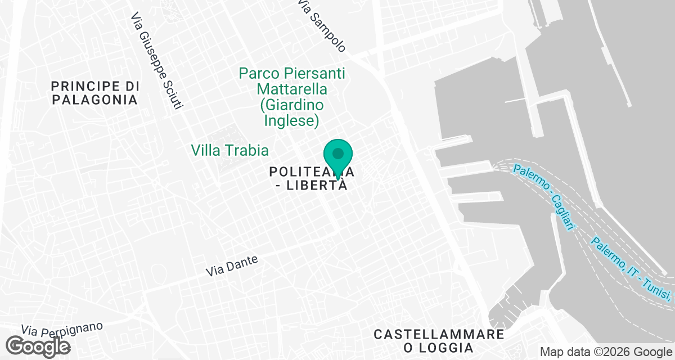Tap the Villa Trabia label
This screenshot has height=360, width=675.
pyautogui.click(x=229, y=150)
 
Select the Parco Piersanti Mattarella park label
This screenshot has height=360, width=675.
pyautogui.click(x=291, y=97)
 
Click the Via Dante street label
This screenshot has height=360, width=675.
pyautogui.click(x=232, y=266)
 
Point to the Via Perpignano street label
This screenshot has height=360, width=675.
pyautogui.click(x=62, y=328)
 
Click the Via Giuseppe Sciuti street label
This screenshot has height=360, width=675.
pyautogui.click(x=157, y=62)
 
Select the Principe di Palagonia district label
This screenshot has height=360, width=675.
pyautogui.click(x=94, y=93)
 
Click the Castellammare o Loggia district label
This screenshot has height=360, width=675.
pyautogui.click(x=439, y=341)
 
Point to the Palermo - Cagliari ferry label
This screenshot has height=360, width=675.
pyautogui.click(x=545, y=196)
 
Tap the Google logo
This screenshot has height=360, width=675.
pyautogui.click(x=38, y=346)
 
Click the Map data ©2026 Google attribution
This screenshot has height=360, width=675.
pyautogui.click(x=606, y=352)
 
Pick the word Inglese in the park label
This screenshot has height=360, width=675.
pyautogui.click(x=291, y=120)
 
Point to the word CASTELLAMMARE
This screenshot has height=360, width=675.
pyautogui.click(x=439, y=335)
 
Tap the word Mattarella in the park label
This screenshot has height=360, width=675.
pyautogui.click(x=292, y=89)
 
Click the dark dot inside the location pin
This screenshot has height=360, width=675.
pyautogui.click(x=338, y=153)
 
